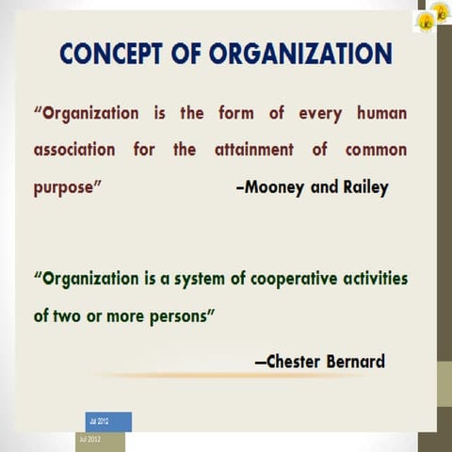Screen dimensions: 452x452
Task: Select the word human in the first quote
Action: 381,114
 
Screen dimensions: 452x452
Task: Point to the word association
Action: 74,150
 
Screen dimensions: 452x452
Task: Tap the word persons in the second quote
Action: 179,315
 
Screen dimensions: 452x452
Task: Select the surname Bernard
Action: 356,361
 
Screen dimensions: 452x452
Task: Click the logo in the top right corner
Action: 432,17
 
